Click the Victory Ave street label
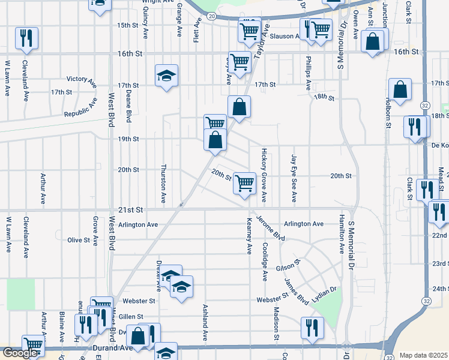tap(81, 79)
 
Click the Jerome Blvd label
tap(270, 228)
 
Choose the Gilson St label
tap(288, 266)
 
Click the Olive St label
tap(79, 240)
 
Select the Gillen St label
tap(131, 316)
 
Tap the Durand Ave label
tap(112, 347)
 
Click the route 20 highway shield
tap(212, 17)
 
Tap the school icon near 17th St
tap(166, 76)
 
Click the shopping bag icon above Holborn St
tap(400, 90)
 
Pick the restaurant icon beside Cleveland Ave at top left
tap(26, 38)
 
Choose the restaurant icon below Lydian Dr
tap(312, 328)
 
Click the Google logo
tap(19, 353)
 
